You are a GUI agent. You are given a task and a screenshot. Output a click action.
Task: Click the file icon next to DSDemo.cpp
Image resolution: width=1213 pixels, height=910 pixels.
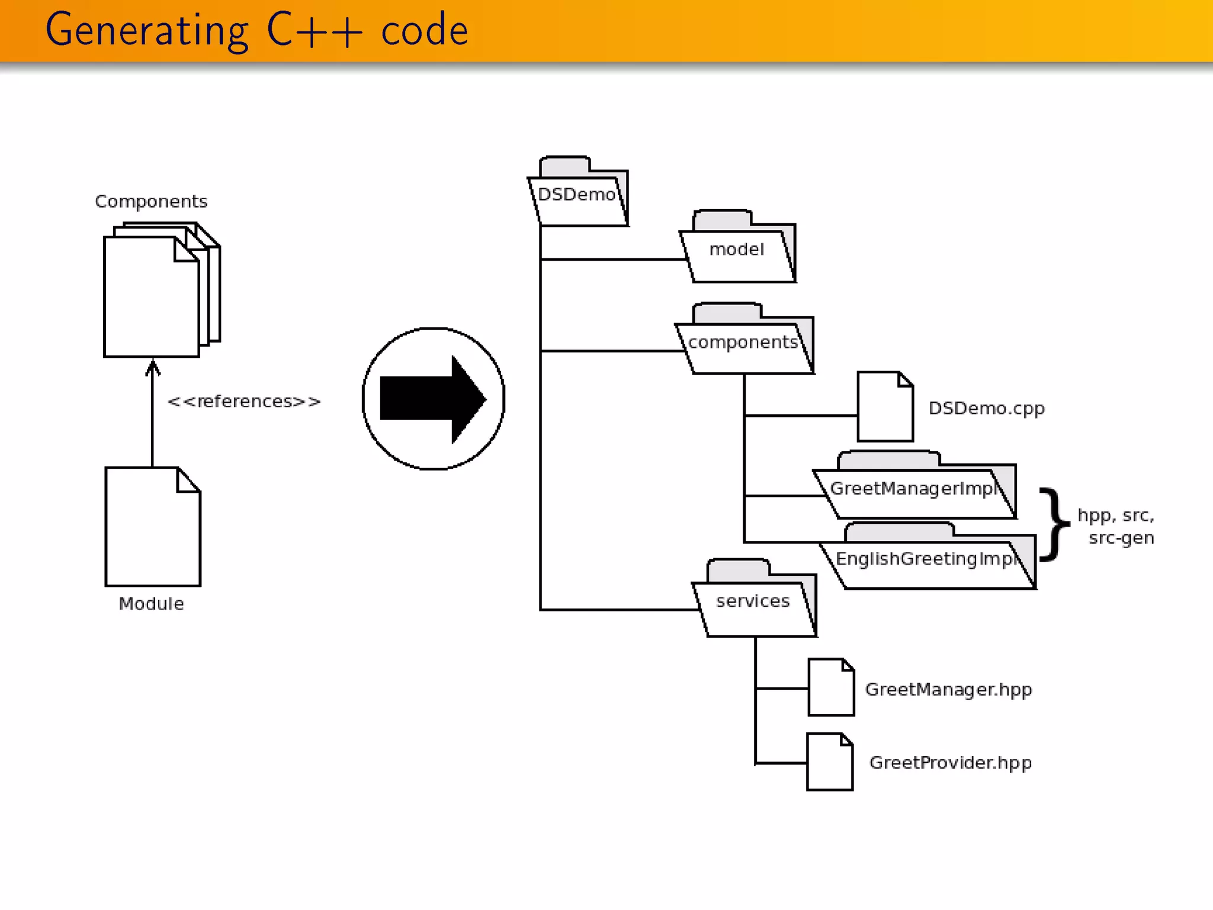pyautogui.click(x=885, y=408)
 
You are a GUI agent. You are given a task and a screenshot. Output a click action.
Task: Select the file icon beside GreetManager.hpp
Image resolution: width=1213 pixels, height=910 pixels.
pyautogui.click(x=831, y=688)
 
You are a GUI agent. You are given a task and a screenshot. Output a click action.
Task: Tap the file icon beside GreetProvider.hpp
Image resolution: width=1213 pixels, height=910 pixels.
pyautogui.click(x=830, y=762)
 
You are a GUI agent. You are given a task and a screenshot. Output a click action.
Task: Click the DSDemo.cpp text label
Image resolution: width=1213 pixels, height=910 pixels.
pyautogui.click(x=986, y=409)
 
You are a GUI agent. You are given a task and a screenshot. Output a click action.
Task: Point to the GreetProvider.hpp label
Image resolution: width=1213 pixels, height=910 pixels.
pyautogui.click(x=950, y=763)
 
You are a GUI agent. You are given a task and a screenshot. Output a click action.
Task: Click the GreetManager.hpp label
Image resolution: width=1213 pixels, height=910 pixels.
pyautogui.click(x=948, y=690)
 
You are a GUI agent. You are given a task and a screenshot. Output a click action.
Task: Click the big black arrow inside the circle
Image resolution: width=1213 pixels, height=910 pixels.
pyautogui.click(x=433, y=399)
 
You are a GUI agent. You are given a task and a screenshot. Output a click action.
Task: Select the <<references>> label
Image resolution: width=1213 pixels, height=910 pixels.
pyautogui.click(x=244, y=402)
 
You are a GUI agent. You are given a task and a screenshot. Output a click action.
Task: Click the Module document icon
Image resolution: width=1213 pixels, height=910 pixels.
pyautogui.click(x=152, y=527)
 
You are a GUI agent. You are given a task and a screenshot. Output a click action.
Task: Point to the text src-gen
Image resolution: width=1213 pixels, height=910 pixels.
pyautogui.click(x=1121, y=538)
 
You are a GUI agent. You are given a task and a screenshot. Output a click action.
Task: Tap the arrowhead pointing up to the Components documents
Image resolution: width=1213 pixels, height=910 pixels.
pyautogui.click(x=153, y=367)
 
